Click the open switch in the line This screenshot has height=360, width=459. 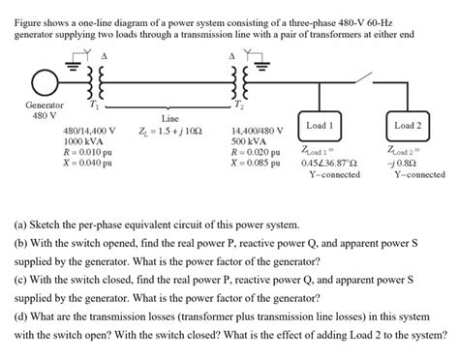click(363, 77)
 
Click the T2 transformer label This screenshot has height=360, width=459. click(238, 105)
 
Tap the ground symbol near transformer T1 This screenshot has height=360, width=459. click(74, 66)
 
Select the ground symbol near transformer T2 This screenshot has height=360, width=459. click(262, 66)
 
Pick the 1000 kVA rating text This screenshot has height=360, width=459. click(83, 141)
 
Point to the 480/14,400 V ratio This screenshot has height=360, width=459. click(89, 131)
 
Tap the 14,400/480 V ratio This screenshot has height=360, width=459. click(258, 131)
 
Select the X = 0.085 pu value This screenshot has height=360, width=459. click(255, 163)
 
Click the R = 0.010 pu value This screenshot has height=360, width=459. click(88, 152)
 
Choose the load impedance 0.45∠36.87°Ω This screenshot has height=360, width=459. click(329, 163)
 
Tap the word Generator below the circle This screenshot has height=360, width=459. click(45, 105)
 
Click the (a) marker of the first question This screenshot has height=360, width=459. click(20, 225)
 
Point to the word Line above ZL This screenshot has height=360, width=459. click(170, 119)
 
